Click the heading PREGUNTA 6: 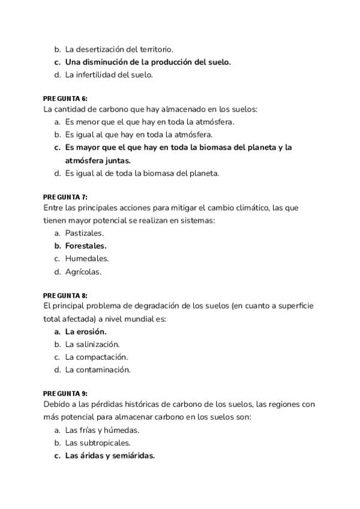tap(65, 98)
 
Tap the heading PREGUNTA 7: tap(65, 197)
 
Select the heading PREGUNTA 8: tap(65, 295)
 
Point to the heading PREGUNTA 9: tap(65, 394)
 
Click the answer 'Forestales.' tap(86, 245)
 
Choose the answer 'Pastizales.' tap(85, 233)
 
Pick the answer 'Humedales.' tap(87, 259)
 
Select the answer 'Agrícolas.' tap(83, 271)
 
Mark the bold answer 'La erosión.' tap(86, 331)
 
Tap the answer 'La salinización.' tap(92, 345)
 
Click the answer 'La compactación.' tap(97, 357)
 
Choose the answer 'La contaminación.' tap(98, 370)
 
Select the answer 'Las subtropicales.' tap(98, 443)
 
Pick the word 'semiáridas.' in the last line tap(133, 456)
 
